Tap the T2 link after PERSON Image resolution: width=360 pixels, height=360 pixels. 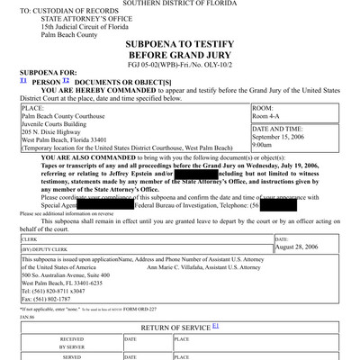66,80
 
